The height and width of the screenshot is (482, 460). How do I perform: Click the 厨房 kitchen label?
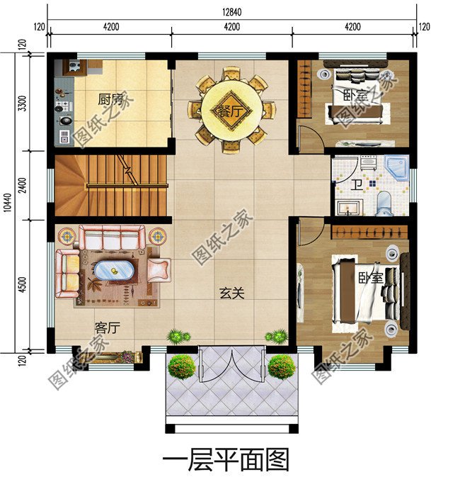[x=111, y=99]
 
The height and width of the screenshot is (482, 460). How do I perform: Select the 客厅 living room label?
[x=107, y=327]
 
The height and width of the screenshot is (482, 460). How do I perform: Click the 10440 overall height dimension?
[x=6, y=201]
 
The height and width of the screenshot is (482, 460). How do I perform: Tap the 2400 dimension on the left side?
[x=23, y=185]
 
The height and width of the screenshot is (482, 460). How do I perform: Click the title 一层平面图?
[x=226, y=460]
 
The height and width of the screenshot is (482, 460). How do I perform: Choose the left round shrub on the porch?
[x=182, y=366]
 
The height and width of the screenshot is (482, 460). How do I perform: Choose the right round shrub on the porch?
[x=281, y=366]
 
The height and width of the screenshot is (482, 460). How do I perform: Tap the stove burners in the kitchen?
[x=62, y=107]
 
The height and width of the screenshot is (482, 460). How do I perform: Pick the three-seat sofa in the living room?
[x=111, y=238]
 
